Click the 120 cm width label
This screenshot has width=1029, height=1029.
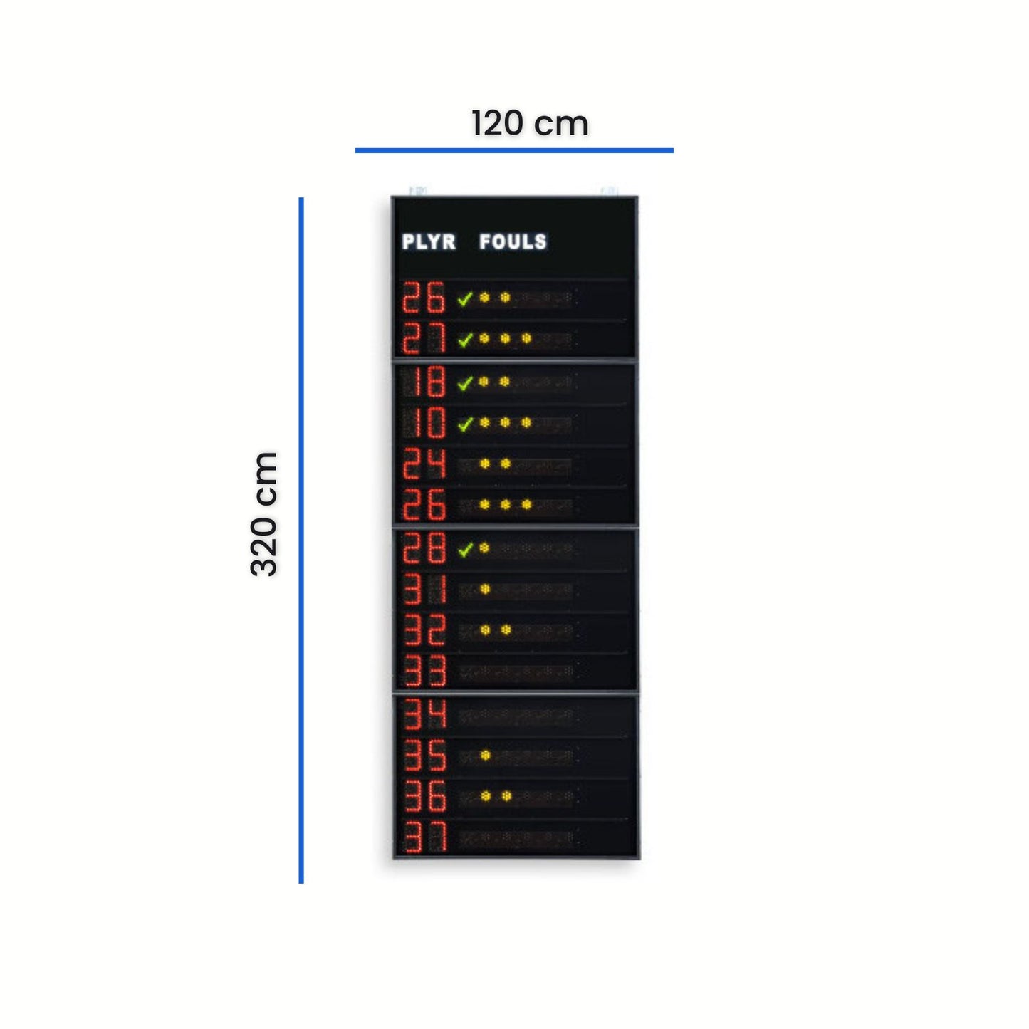click(x=530, y=124)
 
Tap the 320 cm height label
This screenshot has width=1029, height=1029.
click(x=263, y=514)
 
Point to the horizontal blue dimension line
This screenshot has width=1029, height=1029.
click(x=514, y=150)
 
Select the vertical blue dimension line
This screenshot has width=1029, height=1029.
click(x=301, y=541)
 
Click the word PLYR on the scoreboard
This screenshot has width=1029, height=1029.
click(x=429, y=242)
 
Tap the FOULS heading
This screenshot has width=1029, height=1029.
click(x=513, y=242)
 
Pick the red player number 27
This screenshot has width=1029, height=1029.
click(x=424, y=338)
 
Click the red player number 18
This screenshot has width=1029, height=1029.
click(x=424, y=381)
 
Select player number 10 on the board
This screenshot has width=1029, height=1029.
click(x=424, y=422)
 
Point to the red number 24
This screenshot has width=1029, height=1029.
click(x=424, y=464)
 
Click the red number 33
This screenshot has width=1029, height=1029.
click(x=424, y=671)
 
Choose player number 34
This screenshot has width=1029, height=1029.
click(x=424, y=714)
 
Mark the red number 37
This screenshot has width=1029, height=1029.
click(x=424, y=837)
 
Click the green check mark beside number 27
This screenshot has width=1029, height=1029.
click(x=465, y=340)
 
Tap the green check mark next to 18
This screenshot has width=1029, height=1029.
click(x=465, y=382)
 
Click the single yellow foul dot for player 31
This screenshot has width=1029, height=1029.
click(x=485, y=589)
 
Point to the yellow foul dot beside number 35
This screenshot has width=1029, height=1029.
click(x=485, y=755)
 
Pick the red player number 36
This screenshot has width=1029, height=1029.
click(x=424, y=796)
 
